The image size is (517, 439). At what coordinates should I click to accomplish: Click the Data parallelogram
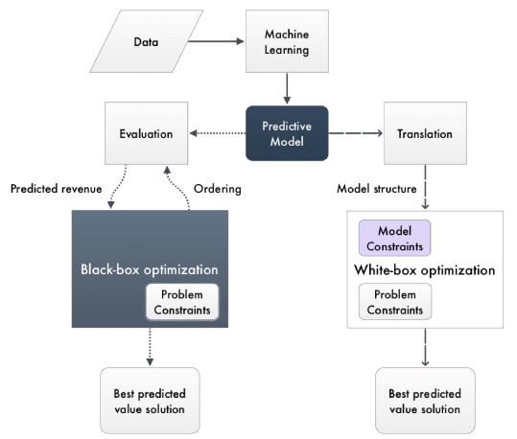pos(147,41)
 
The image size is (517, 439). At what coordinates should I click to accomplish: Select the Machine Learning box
pos(287,41)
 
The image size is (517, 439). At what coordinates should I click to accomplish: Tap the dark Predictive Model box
pos(287,133)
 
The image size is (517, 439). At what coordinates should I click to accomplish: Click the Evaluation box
pos(147,133)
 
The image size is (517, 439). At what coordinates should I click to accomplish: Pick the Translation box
pos(425,133)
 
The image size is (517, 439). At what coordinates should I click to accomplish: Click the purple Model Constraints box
pos(394,238)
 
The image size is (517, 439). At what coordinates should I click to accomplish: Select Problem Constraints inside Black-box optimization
pos(182,302)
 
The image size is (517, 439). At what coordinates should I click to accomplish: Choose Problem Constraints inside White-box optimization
pos(395,302)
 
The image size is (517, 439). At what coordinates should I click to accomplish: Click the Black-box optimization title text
pos(150,269)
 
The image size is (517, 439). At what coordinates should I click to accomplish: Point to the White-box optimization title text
pos(425,270)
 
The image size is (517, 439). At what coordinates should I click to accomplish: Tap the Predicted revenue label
pos(56,189)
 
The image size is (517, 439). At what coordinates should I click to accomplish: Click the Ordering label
pos(218,189)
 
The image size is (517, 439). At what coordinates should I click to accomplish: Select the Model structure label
pos(377,189)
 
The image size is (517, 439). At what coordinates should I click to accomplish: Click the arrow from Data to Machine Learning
pos(216,41)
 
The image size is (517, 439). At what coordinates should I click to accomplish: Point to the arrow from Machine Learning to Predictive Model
pos(287,88)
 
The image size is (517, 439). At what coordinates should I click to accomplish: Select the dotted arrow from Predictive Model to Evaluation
pos(218,133)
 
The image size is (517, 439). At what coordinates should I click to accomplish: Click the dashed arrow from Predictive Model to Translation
pos(356,133)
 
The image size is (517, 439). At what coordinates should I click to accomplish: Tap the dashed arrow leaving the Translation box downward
pos(425,187)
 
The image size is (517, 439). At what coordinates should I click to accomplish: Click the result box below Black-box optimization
pos(150,401)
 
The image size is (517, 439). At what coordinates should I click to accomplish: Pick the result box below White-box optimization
pos(425,401)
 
